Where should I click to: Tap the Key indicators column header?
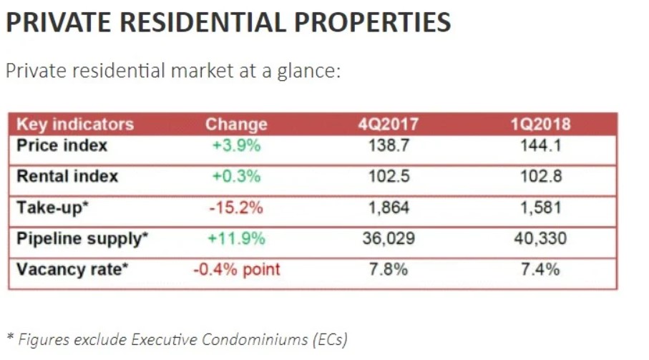pyautogui.click(x=74, y=124)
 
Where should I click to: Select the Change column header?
pyautogui.click(x=236, y=124)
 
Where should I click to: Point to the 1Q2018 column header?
pyautogui.click(x=541, y=124)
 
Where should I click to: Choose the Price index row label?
pyautogui.click(x=62, y=145)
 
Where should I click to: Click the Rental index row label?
pyautogui.click(x=67, y=176)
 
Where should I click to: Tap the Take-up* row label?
pyautogui.click(x=51, y=208)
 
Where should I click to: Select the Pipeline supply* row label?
pyautogui.click(x=82, y=238)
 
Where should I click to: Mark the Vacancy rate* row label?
pyautogui.click(x=72, y=269)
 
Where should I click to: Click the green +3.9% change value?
pyautogui.click(x=236, y=145)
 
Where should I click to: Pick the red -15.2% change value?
pyautogui.click(x=236, y=208)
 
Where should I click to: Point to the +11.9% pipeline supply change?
pyautogui.click(x=236, y=238)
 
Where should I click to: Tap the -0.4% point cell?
pyautogui.click(x=236, y=269)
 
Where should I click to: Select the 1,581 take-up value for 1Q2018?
pyautogui.click(x=541, y=208)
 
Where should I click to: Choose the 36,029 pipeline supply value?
pyautogui.click(x=389, y=238)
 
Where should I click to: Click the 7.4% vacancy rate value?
pyautogui.click(x=541, y=269)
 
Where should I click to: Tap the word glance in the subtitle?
pyautogui.click(x=305, y=72)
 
